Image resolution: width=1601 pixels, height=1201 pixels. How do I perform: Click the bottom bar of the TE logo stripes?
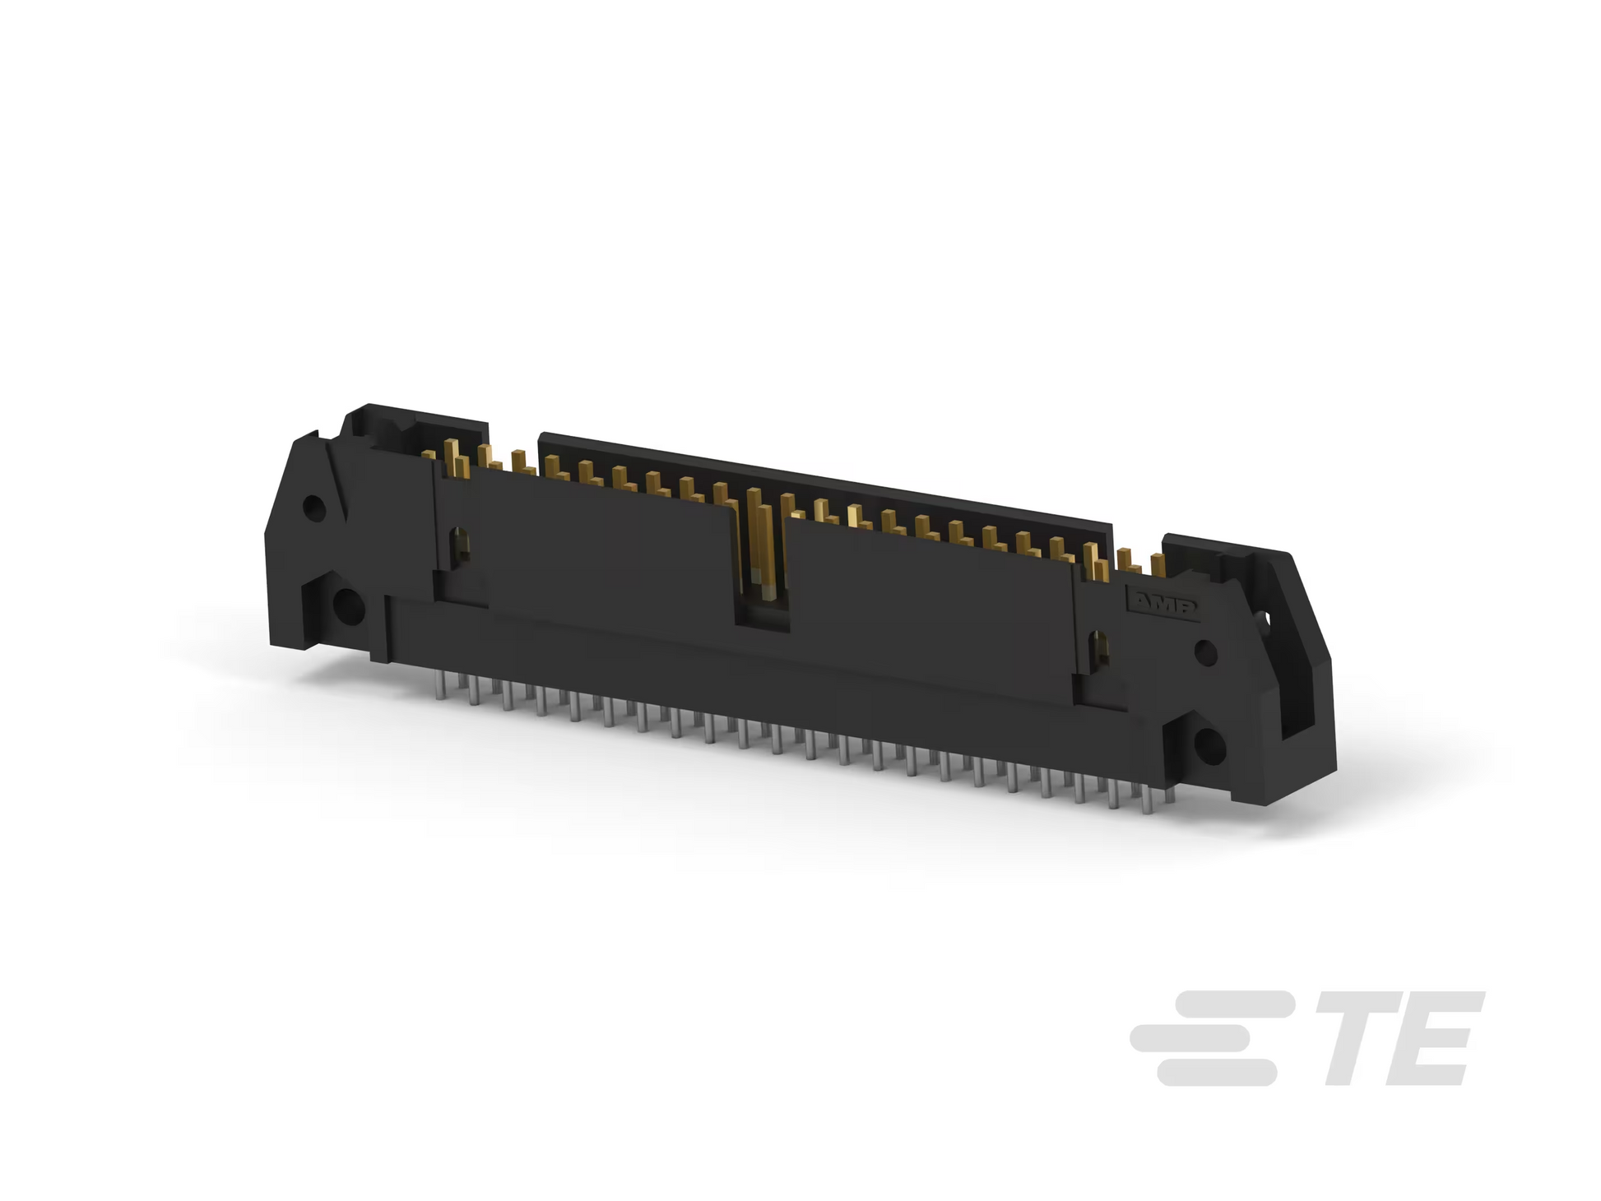1217,1072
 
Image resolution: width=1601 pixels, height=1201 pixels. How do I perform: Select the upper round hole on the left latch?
313,509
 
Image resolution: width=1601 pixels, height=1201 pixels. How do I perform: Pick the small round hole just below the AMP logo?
1204,653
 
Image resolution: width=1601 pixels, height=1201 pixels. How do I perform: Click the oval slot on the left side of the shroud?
462,543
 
